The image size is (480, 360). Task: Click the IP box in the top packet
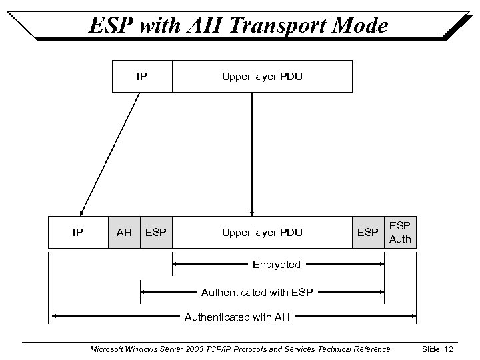(142, 76)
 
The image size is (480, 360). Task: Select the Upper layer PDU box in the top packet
(262, 76)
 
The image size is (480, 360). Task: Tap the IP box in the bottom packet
(77, 233)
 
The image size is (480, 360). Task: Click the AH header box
(124, 233)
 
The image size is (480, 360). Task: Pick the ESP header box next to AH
(156, 233)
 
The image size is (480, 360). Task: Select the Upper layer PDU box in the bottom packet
(262, 233)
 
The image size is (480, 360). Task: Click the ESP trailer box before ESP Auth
(368, 233)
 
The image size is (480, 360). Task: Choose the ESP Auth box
(400, 232)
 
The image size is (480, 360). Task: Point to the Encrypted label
(277, 265)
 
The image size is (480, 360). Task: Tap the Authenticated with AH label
(237, 317)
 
